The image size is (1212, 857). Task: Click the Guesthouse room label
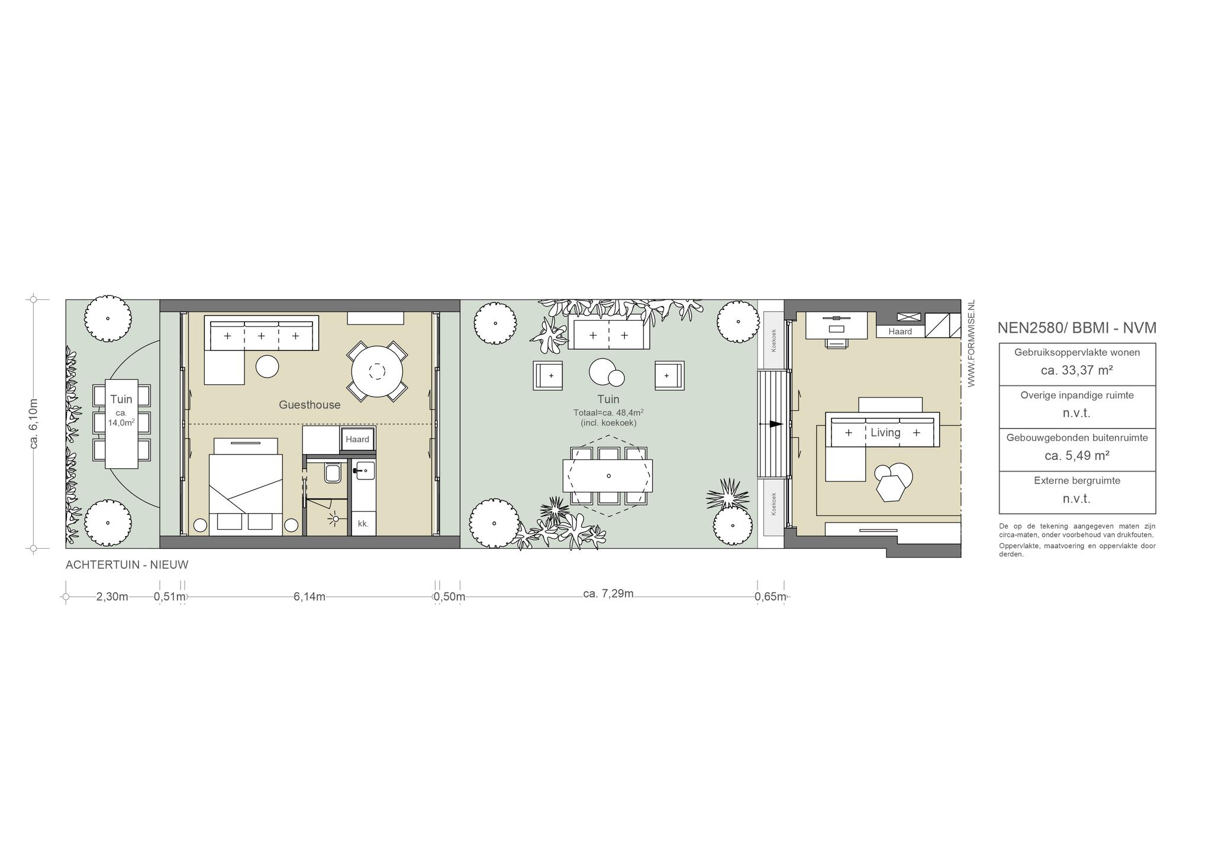click(x=310, y=405)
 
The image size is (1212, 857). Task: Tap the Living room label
click(x=885, y=433)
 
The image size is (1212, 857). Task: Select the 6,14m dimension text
click(x=310, y=597)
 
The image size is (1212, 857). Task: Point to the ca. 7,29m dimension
click(x=608, y=594)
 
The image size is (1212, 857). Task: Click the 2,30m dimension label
click(x=112, y=597)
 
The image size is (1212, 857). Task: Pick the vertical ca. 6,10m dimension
click(x=34, y=424)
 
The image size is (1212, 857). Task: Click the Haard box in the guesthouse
click(x=357, y=439)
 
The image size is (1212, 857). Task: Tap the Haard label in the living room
click(x=900, y=331)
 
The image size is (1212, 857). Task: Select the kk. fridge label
click(x=363, y=524)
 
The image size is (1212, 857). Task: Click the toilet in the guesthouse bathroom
click(x=332, y=473)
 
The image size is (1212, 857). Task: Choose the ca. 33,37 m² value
click(x=1077, y=370)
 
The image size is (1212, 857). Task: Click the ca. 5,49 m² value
click(x=1077, y=456)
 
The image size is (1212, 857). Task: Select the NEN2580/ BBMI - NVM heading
click(x=1077, y=328)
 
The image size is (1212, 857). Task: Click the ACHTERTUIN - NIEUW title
click(x=127, y=565)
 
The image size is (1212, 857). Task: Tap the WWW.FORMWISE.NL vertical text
click(x=971, y=344)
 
